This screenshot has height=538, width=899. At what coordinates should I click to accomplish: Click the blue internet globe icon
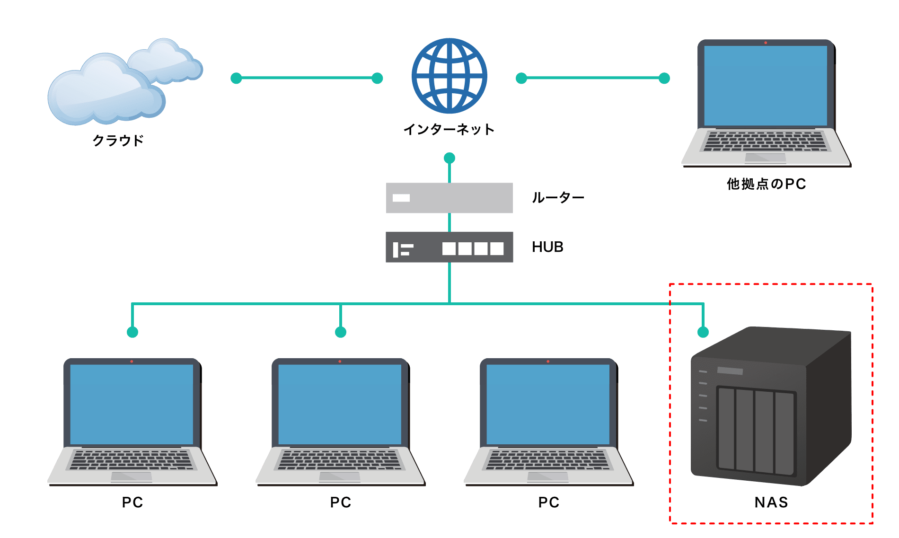pos(449,76)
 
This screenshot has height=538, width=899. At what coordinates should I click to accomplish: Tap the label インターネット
pos(449,129)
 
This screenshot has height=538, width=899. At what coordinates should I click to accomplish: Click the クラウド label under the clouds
pos(118,141)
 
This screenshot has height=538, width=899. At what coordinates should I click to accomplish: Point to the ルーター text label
pos(558,198)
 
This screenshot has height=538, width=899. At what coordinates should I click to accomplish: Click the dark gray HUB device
pos(449,247)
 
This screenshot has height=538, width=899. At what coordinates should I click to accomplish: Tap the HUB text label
pos(547,247)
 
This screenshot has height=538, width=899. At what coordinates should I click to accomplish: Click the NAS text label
pos(771,502)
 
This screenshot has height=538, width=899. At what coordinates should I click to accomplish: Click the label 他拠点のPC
pos(766,184)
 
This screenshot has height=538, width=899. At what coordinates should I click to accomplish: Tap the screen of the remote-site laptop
pos(765,85)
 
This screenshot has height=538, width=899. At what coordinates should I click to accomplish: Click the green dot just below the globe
pos(449,158)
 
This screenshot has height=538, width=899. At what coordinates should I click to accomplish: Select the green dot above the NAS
pos(703,332)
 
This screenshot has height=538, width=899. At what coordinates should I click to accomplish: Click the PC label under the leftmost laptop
pos(132,502)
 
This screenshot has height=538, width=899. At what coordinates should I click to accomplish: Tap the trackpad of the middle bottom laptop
pos(339,476)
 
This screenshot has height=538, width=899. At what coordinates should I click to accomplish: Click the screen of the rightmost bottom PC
pos(548,404)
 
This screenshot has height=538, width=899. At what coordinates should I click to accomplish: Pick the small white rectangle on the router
pos(401,198)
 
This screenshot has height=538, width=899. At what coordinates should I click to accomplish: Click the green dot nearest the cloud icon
pos(236,78)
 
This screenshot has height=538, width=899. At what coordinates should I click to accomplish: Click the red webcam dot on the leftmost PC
pos(132,362)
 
